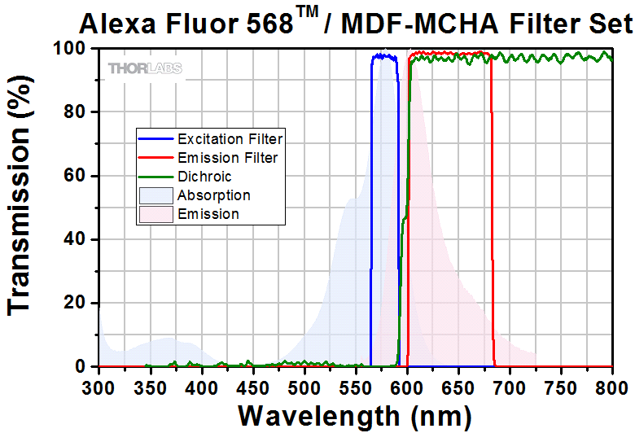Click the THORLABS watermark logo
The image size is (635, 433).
(145, 68)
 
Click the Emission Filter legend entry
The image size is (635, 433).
(227, 158)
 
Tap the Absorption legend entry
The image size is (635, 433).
(213, 195)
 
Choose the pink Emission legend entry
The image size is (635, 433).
(208, 214)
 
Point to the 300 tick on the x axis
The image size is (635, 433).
(99, 383)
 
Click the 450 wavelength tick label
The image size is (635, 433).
(252, 383)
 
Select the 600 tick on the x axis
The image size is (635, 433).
(407, 383)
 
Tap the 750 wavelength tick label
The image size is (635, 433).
(561, 383)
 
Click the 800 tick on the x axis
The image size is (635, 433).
(612, 383)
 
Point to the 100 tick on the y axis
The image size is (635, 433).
(72, 49)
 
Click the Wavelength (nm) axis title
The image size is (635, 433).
(354, 416)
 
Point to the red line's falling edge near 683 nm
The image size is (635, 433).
(492, 244)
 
